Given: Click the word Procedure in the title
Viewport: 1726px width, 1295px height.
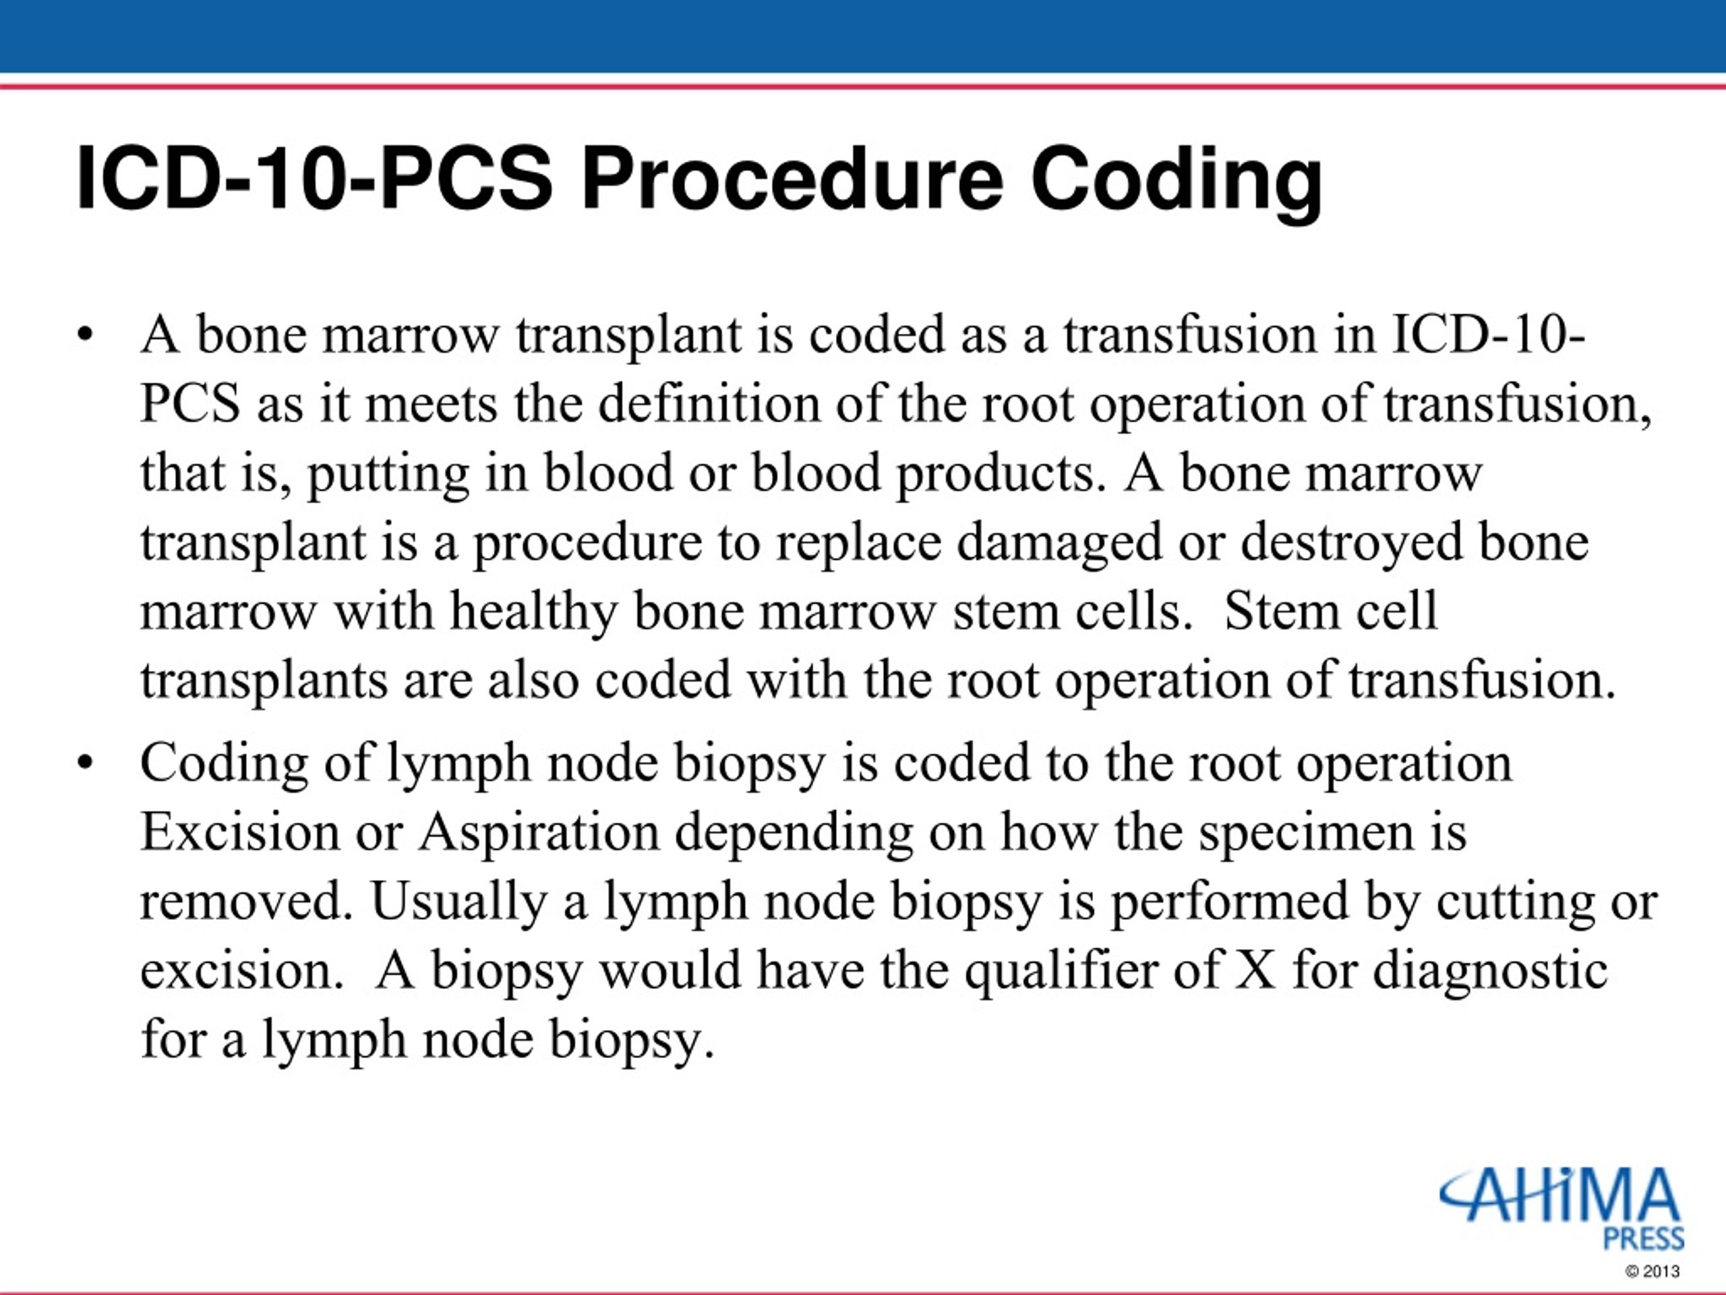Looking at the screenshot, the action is click(x=792, y=180).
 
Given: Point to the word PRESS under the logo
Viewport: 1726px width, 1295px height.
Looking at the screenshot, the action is click(x=1643, y=1238).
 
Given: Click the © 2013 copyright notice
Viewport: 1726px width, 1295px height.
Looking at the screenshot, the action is click(x=1653, y=1271).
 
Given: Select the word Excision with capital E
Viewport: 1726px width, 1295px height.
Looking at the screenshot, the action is click(x=240, y=832).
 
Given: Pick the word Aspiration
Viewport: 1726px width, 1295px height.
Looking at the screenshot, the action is click(x=539, y=832).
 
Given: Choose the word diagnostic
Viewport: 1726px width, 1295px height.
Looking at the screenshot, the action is click(x=1490, y=971).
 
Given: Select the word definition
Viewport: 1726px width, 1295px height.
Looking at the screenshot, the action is click(x=709, y=403).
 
